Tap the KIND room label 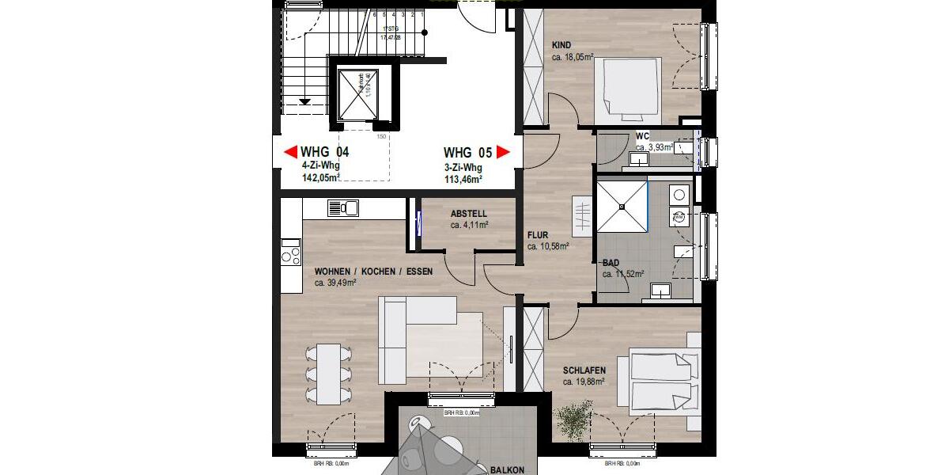(561, 45)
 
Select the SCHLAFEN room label (584, 370)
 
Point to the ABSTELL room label (469, 214)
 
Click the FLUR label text (539, 235)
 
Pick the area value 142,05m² (321, 179)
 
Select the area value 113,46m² (463, 180)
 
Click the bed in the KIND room (627, 88)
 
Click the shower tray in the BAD (622, 207)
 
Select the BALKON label (506, 469)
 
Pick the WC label (643, 136)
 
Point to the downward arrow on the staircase (305, 99)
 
